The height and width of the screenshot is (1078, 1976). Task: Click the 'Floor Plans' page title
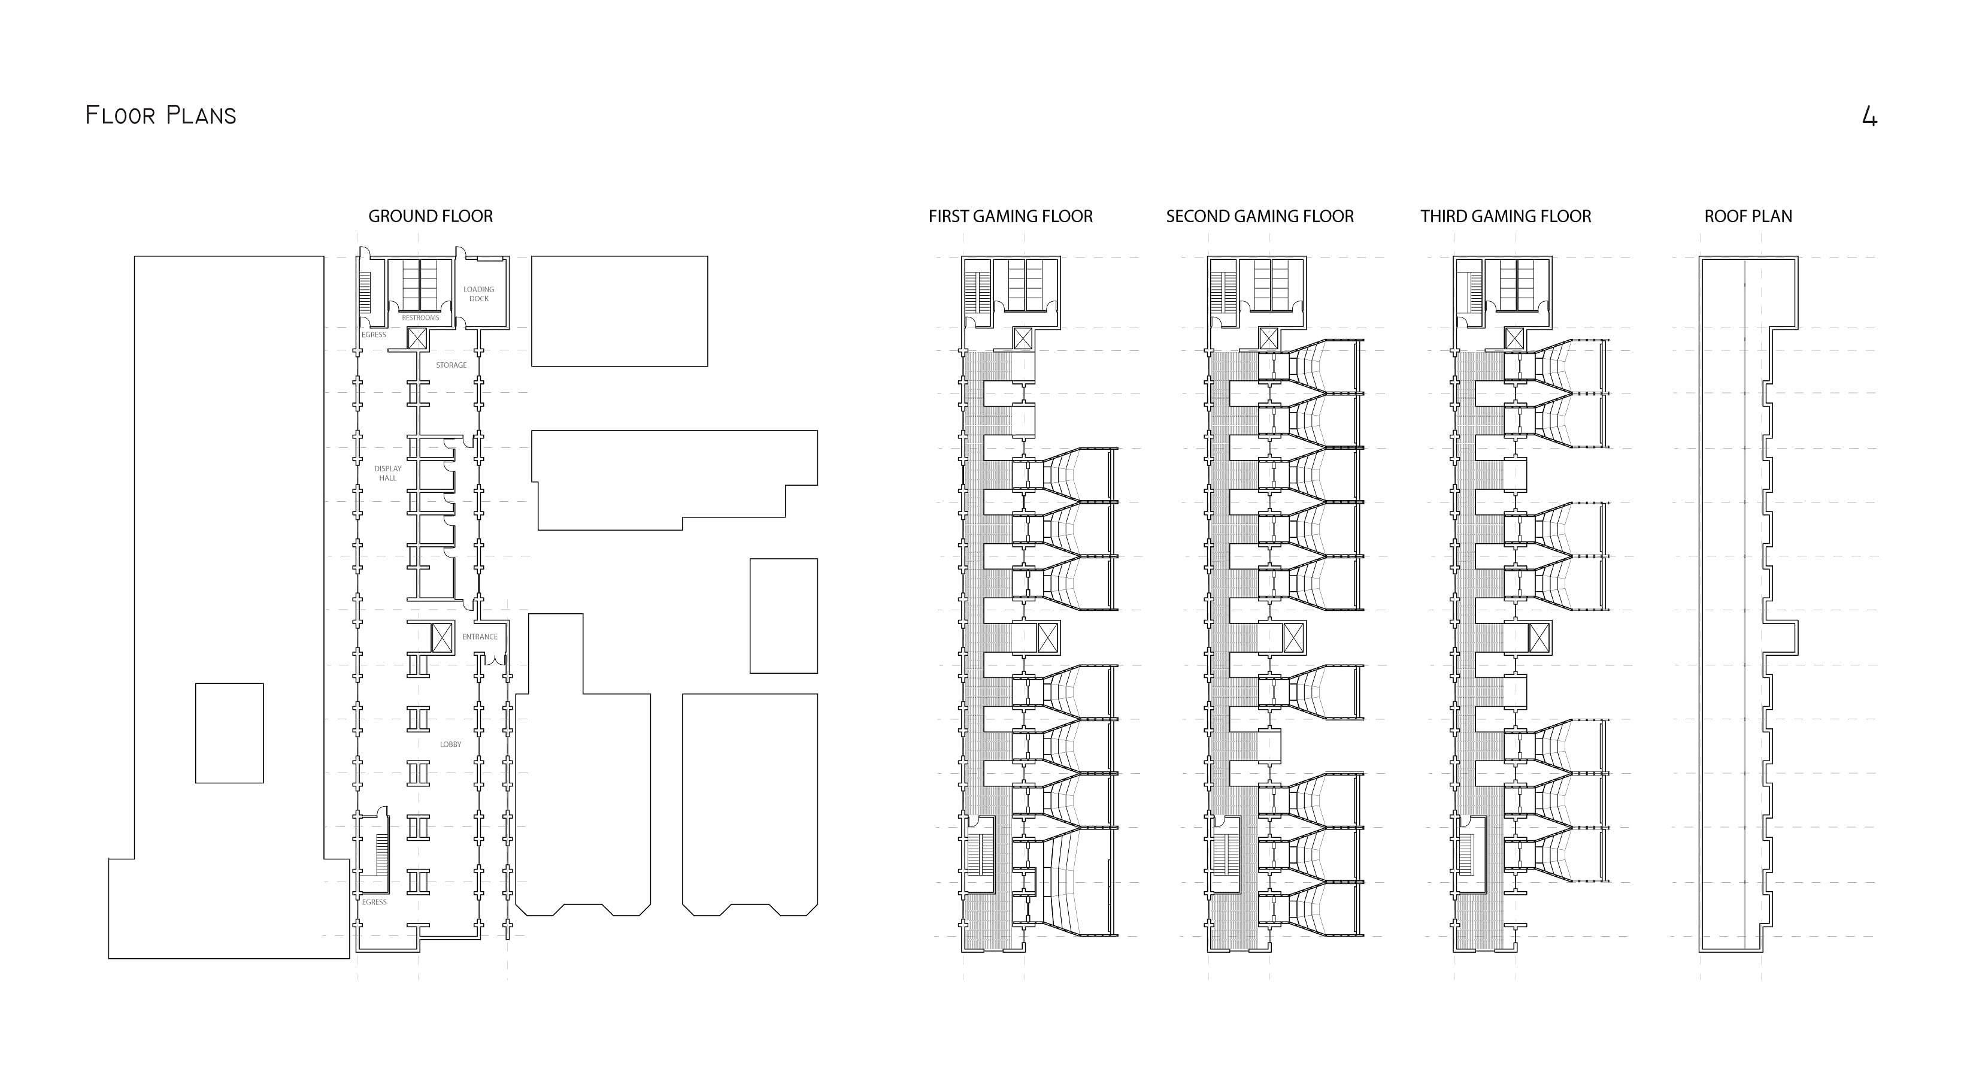pyautogui.click(x=160, y=116)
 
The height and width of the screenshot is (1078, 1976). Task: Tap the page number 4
pyautogui.click(x=1869, y=117)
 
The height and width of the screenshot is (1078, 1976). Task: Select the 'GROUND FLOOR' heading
pyautogui.click(x=431, y=216)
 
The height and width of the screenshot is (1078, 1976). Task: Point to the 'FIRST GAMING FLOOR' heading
pyautogui.click(x=1010, y=216)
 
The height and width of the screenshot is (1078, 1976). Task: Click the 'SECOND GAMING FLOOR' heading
pyautogui.click(x=1259, y=216)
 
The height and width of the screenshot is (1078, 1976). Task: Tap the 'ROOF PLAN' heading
pyautogui.click(x=1748, y=216)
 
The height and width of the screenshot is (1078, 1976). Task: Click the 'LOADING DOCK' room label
pyautogui.click(x=478, y=294)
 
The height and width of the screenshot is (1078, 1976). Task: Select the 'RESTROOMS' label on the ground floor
pyautogui.click(x=420, y=317)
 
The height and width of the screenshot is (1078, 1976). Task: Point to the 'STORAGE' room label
pyautogui.click(x=451, y=365)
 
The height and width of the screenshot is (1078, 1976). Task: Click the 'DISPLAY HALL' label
pyautogui.click(x=387, y=473)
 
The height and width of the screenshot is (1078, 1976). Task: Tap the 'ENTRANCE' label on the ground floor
pyautogui.click(x=480, y=637)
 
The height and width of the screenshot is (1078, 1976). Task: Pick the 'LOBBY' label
pyautogui.click(x=450, y=744)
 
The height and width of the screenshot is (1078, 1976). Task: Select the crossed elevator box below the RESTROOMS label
pyautogui.click(x=417, y=338)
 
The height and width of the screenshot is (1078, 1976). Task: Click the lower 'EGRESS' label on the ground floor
pyautogui.click(x=374, y=903)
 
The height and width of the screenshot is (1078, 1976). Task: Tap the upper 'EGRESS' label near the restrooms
pyautogui.click(x=374, y=335)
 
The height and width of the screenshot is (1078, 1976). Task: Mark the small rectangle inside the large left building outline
pyautogui.click(x=229, y=732)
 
